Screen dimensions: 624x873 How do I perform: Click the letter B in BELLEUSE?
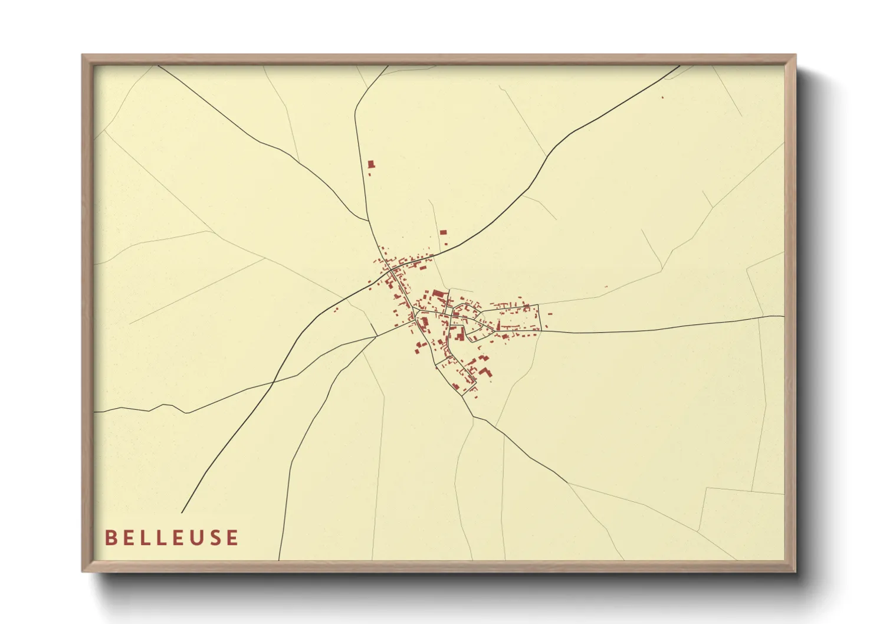[x=110, y=537]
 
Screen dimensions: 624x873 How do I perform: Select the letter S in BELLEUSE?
[x=213, y=537]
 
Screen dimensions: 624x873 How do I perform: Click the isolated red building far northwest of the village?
[x=371, y=165]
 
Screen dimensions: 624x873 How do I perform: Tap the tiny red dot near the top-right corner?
[x=662, y=96]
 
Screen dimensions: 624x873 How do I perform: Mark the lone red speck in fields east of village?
[x=606, y=287]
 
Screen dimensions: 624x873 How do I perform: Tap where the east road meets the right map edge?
[x=784, y=317]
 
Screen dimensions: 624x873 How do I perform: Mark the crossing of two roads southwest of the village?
[x=273, y=382]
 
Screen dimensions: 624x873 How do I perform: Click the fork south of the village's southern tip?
[x=473, y=416]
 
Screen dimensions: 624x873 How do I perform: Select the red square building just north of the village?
[x=444, y=232]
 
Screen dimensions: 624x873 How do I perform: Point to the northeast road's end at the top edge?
[x=680, y=65]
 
